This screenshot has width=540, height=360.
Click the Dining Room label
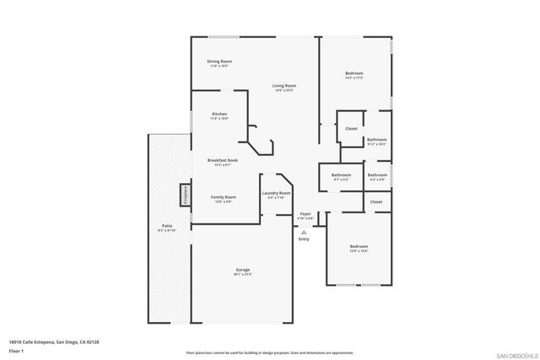click(x=220, y=62)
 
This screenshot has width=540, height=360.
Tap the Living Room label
click(x=283, y=86)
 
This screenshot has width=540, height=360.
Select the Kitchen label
click(x=219, y=114)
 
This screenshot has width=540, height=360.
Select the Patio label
click(x=167, y=226)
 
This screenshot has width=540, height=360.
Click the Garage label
click(x=243, y=271)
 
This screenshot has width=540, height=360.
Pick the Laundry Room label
click(x=277, y=193)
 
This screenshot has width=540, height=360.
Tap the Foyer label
click(x=305, y=214)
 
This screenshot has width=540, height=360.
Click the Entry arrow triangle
click(x=304, y=230)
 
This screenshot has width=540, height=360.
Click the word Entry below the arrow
click(x=304, y=239)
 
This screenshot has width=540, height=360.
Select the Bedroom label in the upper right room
click(x=354, y=74)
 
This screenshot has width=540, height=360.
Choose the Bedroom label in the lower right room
click(x=359, y=246)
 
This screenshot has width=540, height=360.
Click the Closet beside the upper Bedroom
click(x=351, y=128)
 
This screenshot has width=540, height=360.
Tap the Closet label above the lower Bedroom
click(x=376, y=201)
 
